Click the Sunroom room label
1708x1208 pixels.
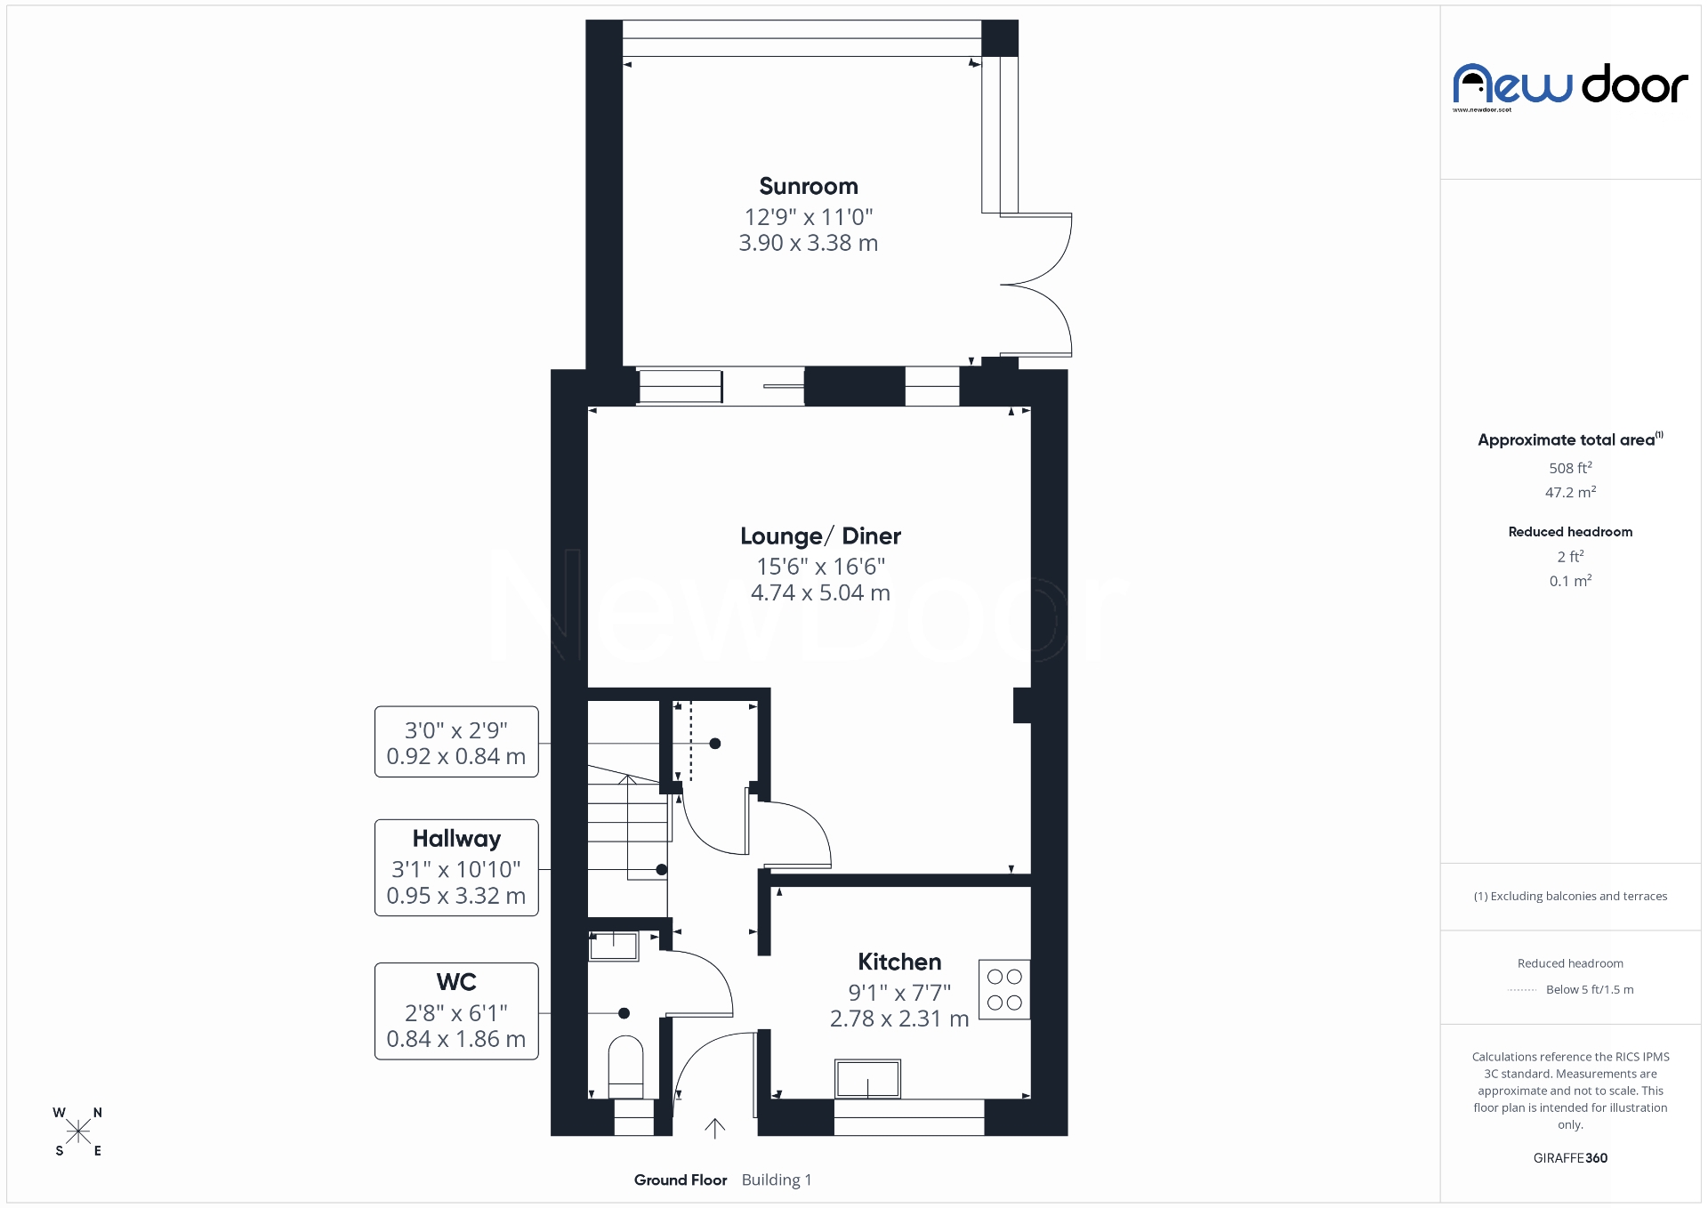[x=808, y=186]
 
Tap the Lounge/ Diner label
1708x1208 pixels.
[x=820, y=536]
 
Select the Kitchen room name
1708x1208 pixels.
[x=898, y=962]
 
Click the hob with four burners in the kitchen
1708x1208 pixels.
[x=1004, y=989]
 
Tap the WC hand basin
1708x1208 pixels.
[x=614, y=946]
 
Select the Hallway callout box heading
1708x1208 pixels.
[x=456, y=839]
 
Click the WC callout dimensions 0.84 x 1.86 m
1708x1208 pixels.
[x=455, y=1039]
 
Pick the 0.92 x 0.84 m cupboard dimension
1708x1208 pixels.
[x=455, y=756]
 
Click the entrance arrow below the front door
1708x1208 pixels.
[x=714, y=1128]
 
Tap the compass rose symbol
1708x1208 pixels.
[x=78, y=1131]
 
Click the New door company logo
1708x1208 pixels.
[x=1570, y=87]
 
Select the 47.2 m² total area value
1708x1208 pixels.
[x=1570, y=492]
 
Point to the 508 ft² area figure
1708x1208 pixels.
[x=1570, y=468]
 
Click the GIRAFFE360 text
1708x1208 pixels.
[x=1570, y=1157]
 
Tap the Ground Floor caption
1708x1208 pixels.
[x=681, y=1180]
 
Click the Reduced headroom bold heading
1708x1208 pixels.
[x=1570, y=532]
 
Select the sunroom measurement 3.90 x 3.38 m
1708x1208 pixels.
[x=808, y=243]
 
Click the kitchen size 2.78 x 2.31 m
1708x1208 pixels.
[x=898, y=1019]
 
